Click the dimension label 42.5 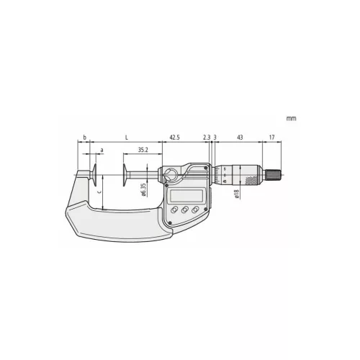pyautogui.click(x=174, y=138)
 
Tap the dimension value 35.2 pyautogui.click(x=143, y=150)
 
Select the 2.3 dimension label pyautogui.click(x=207, y=138)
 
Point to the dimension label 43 pyautogui.click(x=240, y=138)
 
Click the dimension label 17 pyautogui.click(x=271, y=138)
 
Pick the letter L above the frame pyautogui.click(x=127, y=138)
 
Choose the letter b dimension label pyautogui.click(x=84, y=138)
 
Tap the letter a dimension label pyautogui.click(x=102, y=150)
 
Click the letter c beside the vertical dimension pyautogui.click(x=99, y=192)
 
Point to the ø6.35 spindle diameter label pyautogui.click(x=144, y=190)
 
